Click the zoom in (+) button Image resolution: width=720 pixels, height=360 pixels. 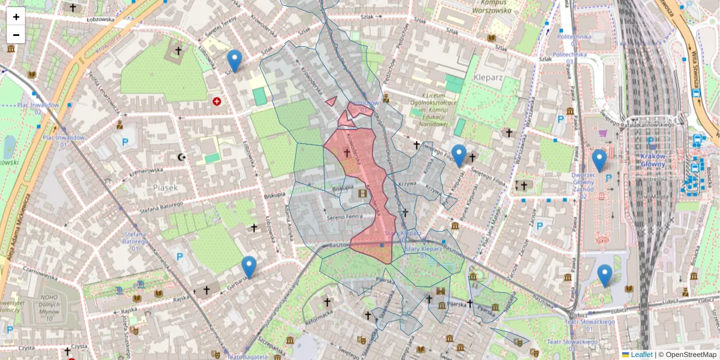[x=16, y=17]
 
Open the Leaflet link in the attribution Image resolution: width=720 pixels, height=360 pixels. [x=641, y=355]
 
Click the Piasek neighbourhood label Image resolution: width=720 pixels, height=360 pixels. [x=166, y=188]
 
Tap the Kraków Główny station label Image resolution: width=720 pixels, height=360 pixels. [x=649, y=160]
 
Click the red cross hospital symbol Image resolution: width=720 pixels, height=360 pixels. [x=217, y=101]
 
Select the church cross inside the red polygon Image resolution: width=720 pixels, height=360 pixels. [x=347, y=153]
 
